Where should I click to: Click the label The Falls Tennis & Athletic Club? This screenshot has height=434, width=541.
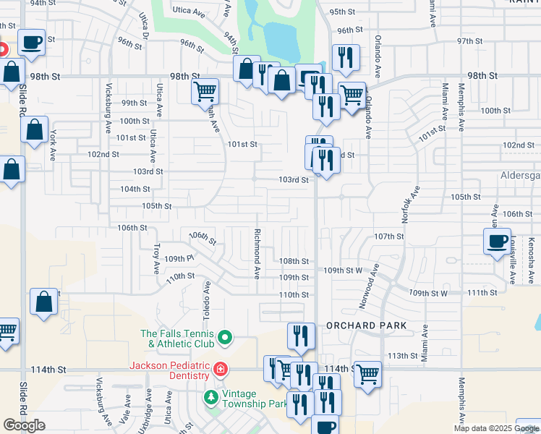tap(177, 338)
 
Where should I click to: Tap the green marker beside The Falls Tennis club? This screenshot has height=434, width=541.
tap(224, 337)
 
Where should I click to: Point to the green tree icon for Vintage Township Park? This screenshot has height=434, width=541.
tap(210, 397)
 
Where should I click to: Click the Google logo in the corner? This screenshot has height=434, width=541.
tap(24, 425)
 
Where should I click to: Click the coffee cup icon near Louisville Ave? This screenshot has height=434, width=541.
tap(497, 241)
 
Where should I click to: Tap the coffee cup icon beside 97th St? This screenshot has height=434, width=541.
tap(31, 42)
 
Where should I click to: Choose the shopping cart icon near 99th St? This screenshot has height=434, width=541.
tap(205, 91)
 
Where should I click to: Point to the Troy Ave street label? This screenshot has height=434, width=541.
tap(156, 258)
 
